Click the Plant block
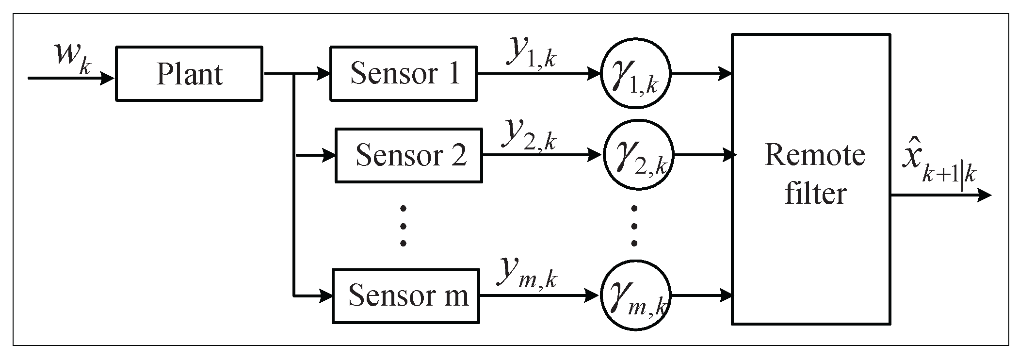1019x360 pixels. coord(189,74)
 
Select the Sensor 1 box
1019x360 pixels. coord(403,74)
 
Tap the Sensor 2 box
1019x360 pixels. coord(408,155)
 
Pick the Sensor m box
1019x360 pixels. coord(405,295)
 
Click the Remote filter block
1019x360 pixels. coord(810,179)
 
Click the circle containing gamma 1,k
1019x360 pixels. coord(635,74)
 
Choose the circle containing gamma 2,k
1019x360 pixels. coord(639,155)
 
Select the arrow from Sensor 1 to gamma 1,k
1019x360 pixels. coord(538,74)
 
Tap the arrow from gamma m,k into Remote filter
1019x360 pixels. coord(701,295)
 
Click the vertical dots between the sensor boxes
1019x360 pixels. coord(403,226)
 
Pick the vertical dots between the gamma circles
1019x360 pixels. coord(634,226)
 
